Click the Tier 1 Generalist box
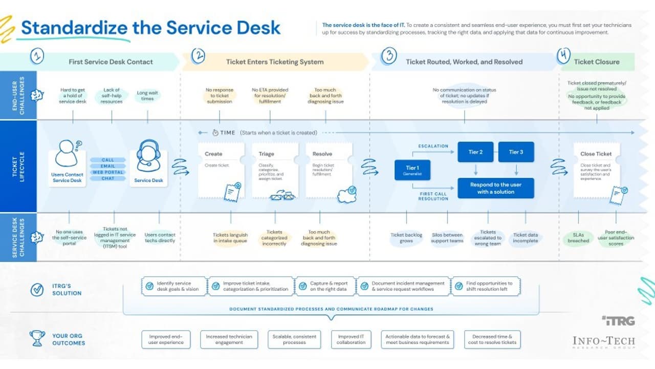point(412,170)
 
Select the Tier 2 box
point(475,152)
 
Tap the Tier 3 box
point(516,152)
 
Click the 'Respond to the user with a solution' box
point(495,188)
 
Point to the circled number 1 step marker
point(37,56)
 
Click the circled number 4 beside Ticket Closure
point(563,55)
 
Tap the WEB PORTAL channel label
point(108,172)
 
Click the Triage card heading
point(267,154)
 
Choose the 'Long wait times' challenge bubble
point(147,96)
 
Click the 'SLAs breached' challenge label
point(578,238)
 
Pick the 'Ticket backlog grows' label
point(406,238)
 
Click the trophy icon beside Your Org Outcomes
point(37,338)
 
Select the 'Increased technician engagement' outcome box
point(229,339)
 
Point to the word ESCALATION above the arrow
point(433,146)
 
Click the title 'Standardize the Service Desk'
point(150,27)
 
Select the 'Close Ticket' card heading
point(596,154)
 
